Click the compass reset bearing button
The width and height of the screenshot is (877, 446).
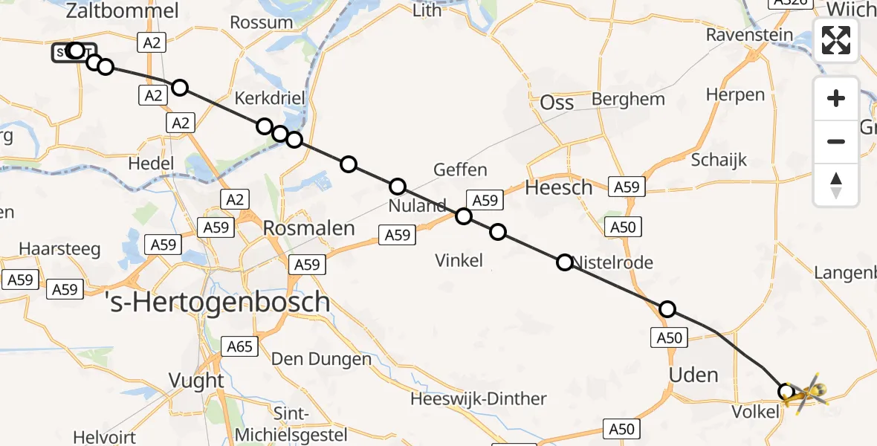[836, 185]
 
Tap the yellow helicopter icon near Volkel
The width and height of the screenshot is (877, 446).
[806, 392]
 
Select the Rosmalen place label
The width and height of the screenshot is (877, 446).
[309, 228]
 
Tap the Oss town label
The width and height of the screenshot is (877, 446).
[557, 102]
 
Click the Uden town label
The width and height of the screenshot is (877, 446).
[693, 375]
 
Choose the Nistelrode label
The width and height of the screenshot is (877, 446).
[614, 262]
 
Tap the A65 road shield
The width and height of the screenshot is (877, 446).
[240, 346]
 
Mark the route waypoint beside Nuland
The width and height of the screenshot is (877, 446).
[398, 187]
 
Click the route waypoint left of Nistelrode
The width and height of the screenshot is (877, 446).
[565, 262]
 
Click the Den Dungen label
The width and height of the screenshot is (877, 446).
[321, 360]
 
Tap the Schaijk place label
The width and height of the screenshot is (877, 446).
[719, 160]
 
